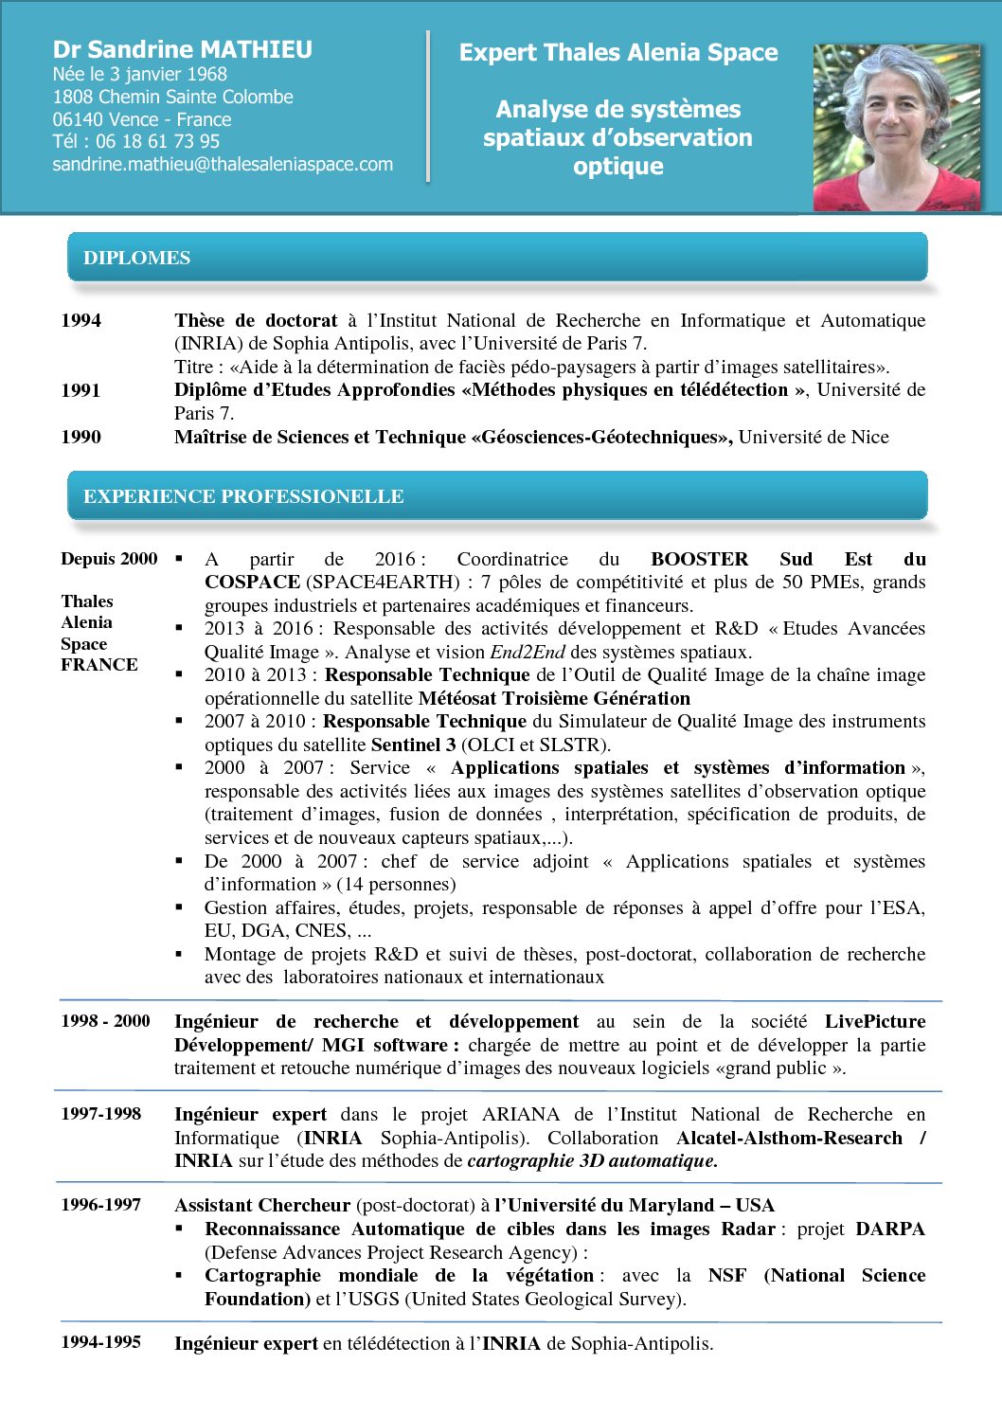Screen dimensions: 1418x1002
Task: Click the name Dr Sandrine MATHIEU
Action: click(x=182, y=49)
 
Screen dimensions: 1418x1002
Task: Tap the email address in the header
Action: click(x=223, y=164)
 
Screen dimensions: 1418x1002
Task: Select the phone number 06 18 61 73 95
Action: click(x=157, y=141)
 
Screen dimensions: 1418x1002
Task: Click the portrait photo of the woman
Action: click(x=896, y=127)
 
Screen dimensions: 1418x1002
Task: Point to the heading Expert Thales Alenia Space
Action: click(x=618, y=53)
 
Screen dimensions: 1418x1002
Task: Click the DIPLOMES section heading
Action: click(x=136, y=258)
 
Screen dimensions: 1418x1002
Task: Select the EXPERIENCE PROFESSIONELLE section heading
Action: click(x=243, y=496)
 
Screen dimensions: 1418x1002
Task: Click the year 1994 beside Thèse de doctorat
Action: click(x=81, y=320)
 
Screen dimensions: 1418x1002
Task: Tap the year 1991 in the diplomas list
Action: click(x=81, y=390)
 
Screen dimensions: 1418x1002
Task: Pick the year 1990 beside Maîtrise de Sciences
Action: click(x=81, y=437)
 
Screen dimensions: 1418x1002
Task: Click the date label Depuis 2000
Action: click(x=109, y=559)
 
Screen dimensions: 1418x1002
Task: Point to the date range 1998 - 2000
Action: click(x=105, y=1021)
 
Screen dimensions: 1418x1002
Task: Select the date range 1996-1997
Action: click(x=100, y=1205)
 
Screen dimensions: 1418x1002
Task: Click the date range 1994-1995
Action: click(x=100, y=1342)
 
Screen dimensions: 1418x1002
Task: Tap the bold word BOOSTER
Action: click(x=699, y=559)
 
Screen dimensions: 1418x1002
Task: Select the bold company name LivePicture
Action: click(x=874, y=1021)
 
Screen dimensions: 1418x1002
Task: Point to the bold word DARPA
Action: click(x=889, y=1229)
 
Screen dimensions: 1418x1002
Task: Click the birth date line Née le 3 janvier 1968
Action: click(x=139, y=74)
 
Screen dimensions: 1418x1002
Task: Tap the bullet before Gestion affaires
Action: click(x=180, y=906)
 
